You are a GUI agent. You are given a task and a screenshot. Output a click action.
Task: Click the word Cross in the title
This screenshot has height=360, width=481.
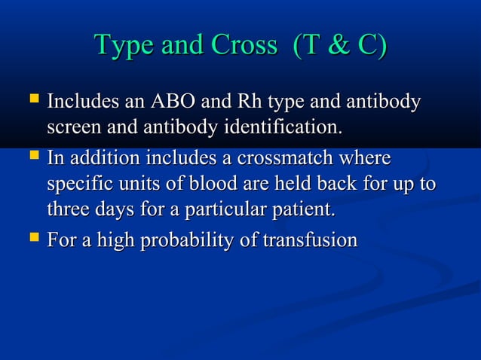click(244, 46)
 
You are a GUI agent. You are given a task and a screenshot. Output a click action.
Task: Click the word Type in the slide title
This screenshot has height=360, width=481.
click(121, 46)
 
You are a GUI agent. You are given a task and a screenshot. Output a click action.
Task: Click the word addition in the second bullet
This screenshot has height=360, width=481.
click(101, 160)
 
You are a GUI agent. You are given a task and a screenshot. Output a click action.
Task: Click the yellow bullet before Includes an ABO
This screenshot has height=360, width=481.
click(33, 99)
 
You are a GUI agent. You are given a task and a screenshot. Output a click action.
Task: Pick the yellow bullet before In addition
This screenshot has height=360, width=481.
click(33, 158)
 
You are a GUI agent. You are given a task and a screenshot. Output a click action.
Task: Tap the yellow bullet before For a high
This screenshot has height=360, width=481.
click(33, 240)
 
